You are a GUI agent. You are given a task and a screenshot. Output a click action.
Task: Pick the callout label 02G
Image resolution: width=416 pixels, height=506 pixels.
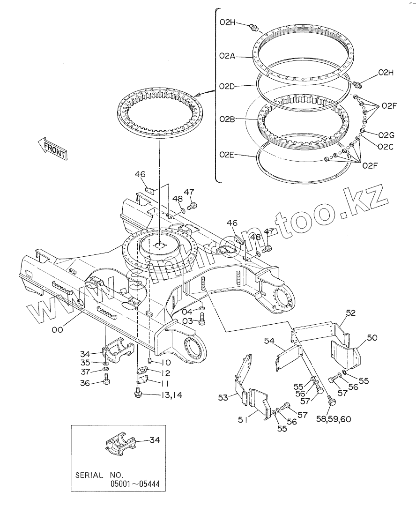[386, 135]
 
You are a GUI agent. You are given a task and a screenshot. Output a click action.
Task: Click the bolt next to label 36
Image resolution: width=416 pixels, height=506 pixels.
[106, 381]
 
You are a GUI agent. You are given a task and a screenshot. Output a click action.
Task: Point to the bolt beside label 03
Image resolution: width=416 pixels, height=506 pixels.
[202, 320]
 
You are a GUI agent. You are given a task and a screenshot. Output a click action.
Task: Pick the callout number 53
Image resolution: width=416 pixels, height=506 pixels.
[223, 398]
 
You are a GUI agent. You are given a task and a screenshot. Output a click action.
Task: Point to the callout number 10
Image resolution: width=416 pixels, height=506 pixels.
[166, 363]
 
